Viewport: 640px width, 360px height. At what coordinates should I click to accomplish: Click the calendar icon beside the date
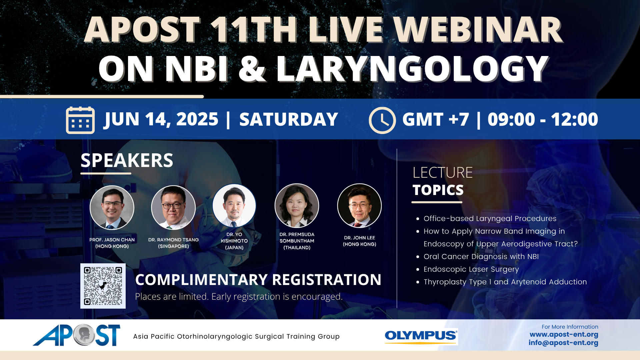pos(80,120)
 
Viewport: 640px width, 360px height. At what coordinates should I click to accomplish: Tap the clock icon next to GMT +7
pos(382,120)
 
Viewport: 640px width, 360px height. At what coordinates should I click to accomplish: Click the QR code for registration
pos(103,286)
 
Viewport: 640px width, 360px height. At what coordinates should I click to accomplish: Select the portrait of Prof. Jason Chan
pos(112,208)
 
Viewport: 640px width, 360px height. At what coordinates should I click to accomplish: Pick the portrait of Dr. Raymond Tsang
pos(173,208)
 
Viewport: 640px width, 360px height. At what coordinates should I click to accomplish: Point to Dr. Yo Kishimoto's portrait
pos(234,206)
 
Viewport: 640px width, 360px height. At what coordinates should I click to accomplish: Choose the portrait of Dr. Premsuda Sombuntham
pos(297,206)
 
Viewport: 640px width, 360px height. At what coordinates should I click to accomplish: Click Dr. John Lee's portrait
pos(359,206)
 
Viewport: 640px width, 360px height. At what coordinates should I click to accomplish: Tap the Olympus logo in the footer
pos(421,336)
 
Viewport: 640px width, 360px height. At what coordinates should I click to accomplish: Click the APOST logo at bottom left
pos(77,335)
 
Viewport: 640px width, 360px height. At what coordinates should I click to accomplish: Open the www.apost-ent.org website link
pos(564,334)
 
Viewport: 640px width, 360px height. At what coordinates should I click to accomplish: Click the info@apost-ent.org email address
pos(563,343)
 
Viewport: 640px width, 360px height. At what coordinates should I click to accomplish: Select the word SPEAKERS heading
pos(127,160)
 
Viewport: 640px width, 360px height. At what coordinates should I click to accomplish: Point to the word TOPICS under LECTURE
pos(438,190)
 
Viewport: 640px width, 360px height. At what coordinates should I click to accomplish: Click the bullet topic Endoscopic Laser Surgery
pos(471,269)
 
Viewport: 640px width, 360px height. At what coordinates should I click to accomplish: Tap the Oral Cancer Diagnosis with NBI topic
pos(481,257)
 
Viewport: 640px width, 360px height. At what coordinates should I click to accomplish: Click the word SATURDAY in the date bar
pos(289,119)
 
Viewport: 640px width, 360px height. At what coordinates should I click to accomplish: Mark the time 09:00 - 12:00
pos(543,119)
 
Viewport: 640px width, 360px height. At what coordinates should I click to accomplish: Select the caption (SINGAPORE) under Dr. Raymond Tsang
pos(173,246)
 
